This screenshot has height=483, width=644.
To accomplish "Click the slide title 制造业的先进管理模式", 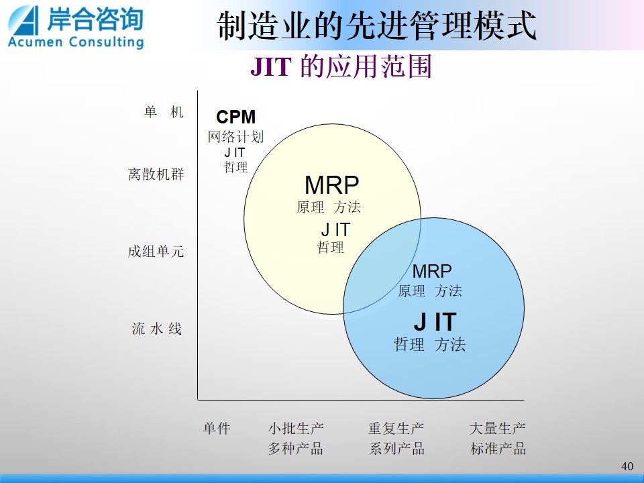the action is coord(376,25).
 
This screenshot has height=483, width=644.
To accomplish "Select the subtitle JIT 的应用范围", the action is coord(341,66).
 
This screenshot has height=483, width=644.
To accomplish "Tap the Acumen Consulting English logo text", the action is coord(76,42).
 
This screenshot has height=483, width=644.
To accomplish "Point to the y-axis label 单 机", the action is coord(164,112).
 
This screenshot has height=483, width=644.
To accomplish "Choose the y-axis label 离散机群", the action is coord(156,174).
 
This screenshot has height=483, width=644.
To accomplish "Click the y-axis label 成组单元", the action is coord(156,251).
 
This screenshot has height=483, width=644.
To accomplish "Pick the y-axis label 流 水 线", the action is coord(156,329).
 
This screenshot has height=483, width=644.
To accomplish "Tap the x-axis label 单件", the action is coord(217,429).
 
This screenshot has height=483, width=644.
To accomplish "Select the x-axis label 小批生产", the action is coord(296,429).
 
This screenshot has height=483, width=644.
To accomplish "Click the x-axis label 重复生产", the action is coord(396,429).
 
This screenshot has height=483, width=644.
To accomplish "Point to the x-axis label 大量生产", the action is coord(497,429).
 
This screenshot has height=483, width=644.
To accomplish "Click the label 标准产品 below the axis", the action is coord(498,448).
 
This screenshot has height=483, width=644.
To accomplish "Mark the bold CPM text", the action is coord(235,117).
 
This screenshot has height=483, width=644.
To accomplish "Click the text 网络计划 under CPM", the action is coord(235,137).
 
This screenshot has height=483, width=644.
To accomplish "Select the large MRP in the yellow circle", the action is coord(332,185).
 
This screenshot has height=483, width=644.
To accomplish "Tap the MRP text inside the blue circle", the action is coord(431,271).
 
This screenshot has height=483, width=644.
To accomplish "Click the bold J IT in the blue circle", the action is coord(435,321).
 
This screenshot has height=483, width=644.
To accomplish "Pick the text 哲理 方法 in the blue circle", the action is coord(429,344).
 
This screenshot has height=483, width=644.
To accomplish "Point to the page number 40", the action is coord(627,466).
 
